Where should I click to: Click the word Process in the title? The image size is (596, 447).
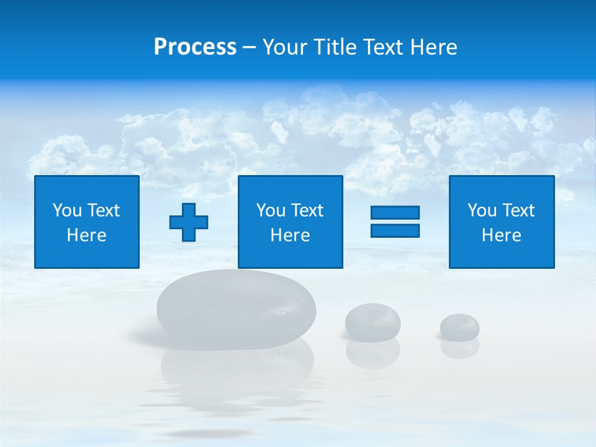pos(195,47)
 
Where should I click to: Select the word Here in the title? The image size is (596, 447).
pos(433,47)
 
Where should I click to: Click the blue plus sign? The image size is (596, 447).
pos(189,222)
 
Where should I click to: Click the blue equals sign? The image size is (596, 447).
pos(395,222)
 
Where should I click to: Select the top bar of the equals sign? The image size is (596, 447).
pos(395,212)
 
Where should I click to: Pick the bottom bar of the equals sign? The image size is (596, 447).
pos(395,230)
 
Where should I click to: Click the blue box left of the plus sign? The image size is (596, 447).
pos(87,222)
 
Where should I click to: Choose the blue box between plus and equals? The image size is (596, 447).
pos(290,222)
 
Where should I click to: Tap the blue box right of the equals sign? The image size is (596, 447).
pos(501,222)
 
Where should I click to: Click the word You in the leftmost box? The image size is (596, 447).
pos(67,210)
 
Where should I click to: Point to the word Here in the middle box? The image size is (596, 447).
pos(290,235)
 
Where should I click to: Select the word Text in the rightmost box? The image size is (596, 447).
pos(518,210)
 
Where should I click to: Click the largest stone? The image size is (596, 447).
pos(236,309)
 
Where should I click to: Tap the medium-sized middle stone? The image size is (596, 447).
pos(372,321)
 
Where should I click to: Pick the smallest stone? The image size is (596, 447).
pos(459,326)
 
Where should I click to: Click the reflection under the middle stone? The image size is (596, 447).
pos(372,353)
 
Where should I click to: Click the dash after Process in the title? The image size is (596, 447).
pos(250,48)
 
